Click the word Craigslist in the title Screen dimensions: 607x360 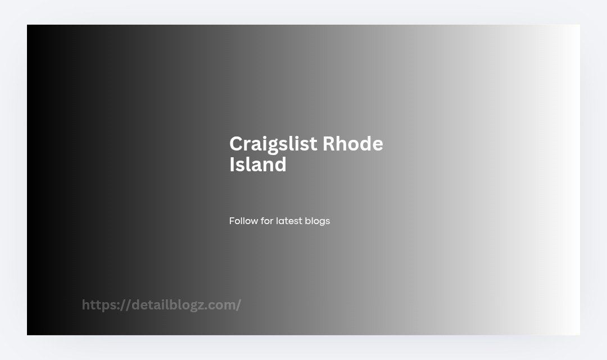pos(273,144)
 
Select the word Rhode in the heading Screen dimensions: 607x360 pos(352,143)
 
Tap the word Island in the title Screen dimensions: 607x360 pos(258,164)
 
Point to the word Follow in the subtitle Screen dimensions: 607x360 pos(243,221)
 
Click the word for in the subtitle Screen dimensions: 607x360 pos(267,221)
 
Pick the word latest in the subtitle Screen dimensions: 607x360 pos(289,221)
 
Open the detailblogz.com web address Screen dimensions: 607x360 pos(161,305)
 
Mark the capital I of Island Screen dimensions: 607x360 pos(232,164)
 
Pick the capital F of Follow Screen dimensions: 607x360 pos(232,221)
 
